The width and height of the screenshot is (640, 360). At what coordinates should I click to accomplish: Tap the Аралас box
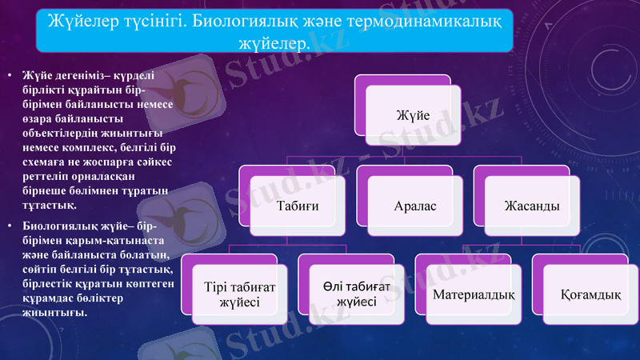[x=414, y=206]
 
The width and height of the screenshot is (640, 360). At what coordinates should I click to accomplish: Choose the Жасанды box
[x=531, y=206]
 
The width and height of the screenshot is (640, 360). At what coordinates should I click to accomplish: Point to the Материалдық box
[x=473, y=295]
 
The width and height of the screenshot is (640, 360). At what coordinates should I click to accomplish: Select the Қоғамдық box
[x=590, y=295]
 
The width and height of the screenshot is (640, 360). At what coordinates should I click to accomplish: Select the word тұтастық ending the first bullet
[x=53, y=205]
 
